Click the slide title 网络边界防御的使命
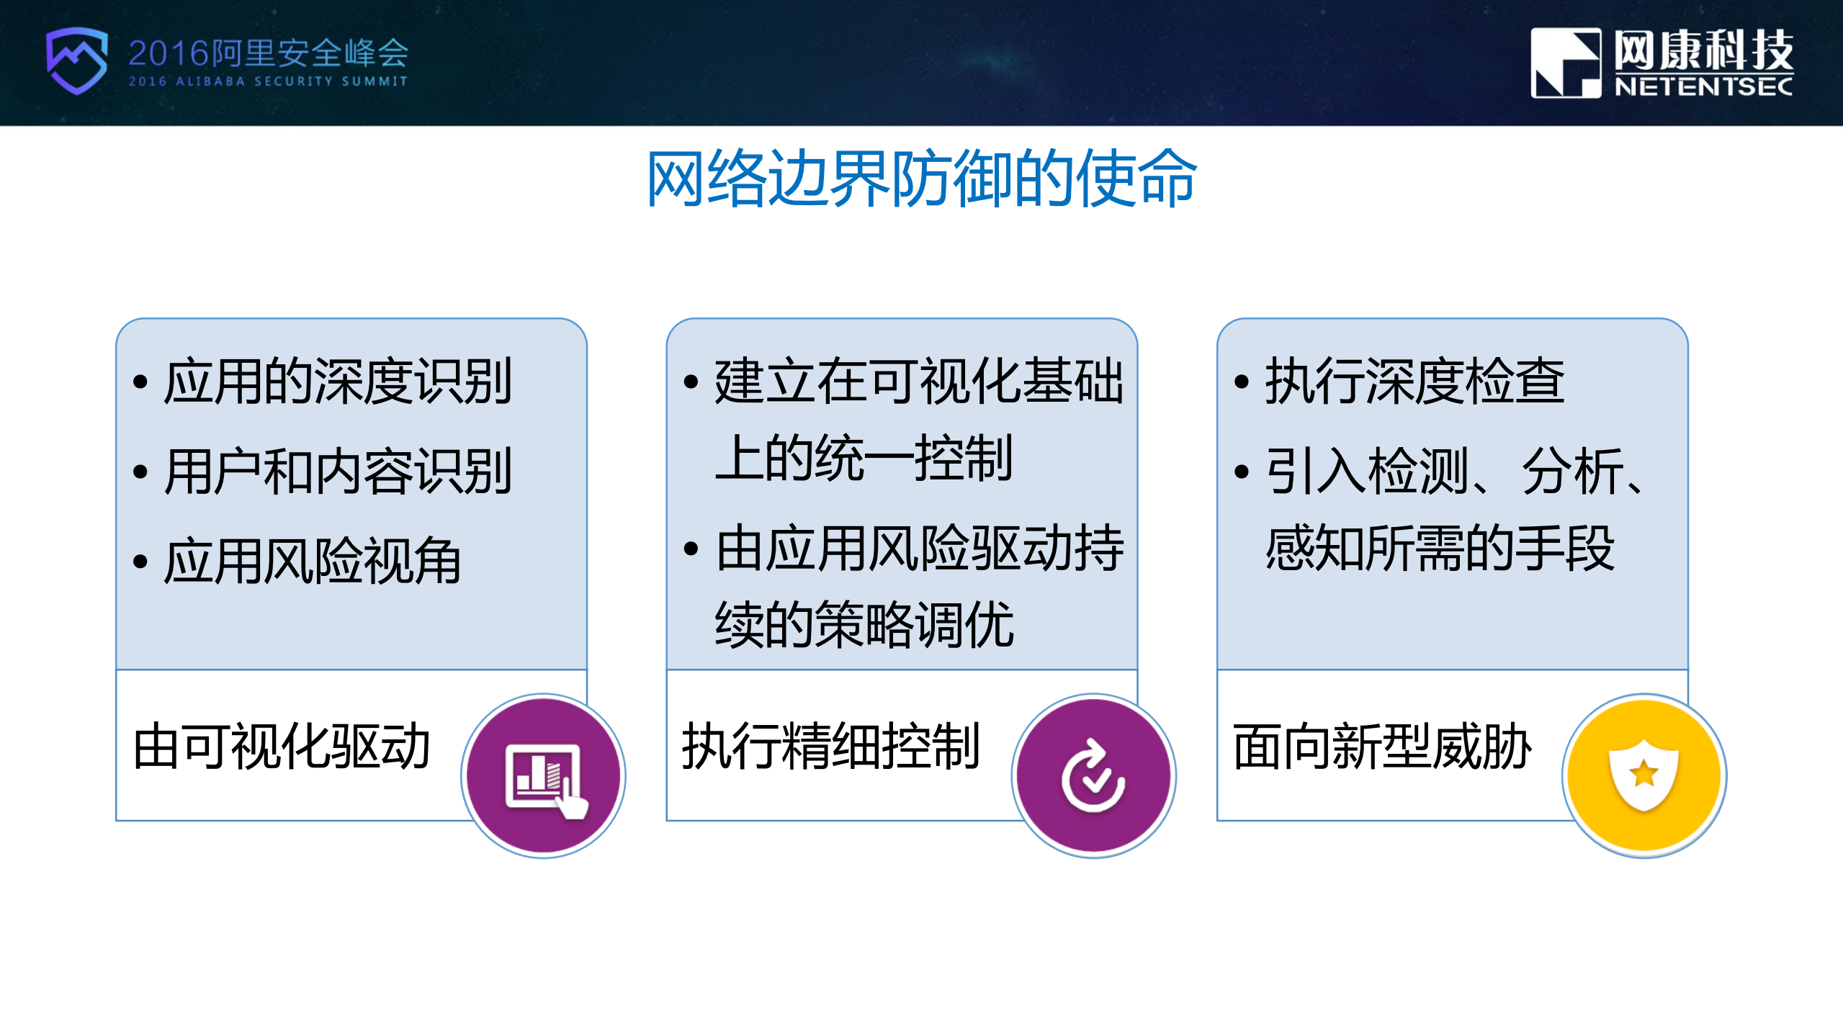click(x=921, y=179)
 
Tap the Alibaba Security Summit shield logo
click(x=76, y=60)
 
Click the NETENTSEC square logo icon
click(x=1565, y=63)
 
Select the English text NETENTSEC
click(x=1703, y=87)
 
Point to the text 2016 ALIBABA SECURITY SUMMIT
click(x=268, y=81)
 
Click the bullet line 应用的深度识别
click(x=337, y=382)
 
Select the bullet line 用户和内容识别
click(x=337, y=472)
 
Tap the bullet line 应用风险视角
click(x=311, y=562)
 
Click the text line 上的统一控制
click(x=864, y=458)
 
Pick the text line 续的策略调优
click(x=864, y=625)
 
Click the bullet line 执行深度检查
click(x=1414, y=382)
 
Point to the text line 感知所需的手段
click(x=1440, y=549)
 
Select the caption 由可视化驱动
click(x=282, y=747)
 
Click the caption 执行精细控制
click(x=830, y=747)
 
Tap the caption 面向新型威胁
click(x=1381, y=747)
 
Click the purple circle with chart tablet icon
click(x=544, y=776)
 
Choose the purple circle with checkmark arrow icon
click(x=1093, y=776)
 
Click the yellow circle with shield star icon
click(x=1644, y=776)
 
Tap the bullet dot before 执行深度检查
click(x=1241, y=382)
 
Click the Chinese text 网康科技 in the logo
click(x=1703, y=50)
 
